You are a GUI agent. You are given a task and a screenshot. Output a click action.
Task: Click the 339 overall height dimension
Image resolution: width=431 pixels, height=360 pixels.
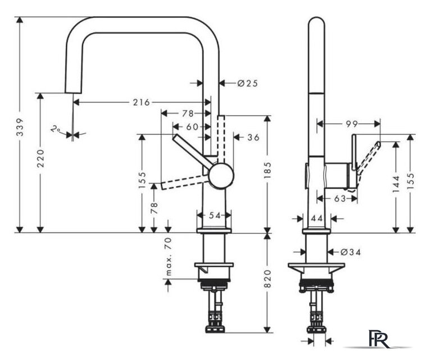click(20, 128)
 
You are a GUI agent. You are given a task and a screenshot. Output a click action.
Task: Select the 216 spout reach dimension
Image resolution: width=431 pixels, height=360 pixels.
click(142, 102)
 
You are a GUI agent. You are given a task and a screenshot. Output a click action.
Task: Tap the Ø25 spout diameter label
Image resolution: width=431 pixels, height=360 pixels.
click(248, 83)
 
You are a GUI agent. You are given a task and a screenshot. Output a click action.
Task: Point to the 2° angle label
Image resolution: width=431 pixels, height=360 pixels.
click(56, 129)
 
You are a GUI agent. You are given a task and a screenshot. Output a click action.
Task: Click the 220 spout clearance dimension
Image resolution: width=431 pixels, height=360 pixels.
click(40, 158)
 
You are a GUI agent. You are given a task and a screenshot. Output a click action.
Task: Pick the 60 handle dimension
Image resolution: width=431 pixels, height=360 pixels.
click(192, 127)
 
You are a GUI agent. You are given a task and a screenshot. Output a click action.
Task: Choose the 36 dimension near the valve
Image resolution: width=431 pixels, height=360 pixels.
click(253, 137)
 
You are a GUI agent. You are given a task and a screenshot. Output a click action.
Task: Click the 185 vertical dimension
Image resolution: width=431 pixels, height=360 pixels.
click(267, 170)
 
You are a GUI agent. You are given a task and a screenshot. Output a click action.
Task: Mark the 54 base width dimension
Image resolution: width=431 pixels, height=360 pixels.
click(215, 215)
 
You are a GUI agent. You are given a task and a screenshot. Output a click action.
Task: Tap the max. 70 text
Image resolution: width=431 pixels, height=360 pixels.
click(169, 256)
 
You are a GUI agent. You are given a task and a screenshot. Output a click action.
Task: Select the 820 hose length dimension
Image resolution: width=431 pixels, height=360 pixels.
click(267, 279)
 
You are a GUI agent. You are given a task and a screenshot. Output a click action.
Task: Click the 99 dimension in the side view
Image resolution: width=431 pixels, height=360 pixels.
click(352, 124)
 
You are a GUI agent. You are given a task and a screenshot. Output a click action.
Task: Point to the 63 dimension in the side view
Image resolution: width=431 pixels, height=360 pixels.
click(340, 198)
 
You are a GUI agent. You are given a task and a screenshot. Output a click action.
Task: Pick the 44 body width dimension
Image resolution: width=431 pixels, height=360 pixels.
click(317, 219)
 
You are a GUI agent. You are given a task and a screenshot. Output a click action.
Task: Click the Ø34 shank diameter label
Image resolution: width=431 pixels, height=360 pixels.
click(351, 252)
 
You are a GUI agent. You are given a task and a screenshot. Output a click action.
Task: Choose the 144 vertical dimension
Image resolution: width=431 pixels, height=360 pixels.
click(396, 184)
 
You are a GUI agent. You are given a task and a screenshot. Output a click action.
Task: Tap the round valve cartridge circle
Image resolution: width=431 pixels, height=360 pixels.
click(221, 176)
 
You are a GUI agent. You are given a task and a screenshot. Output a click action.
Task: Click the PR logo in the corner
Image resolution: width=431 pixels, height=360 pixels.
click(379, 339)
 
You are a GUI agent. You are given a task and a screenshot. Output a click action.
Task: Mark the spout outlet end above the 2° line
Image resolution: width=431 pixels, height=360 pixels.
click(73, 92)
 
